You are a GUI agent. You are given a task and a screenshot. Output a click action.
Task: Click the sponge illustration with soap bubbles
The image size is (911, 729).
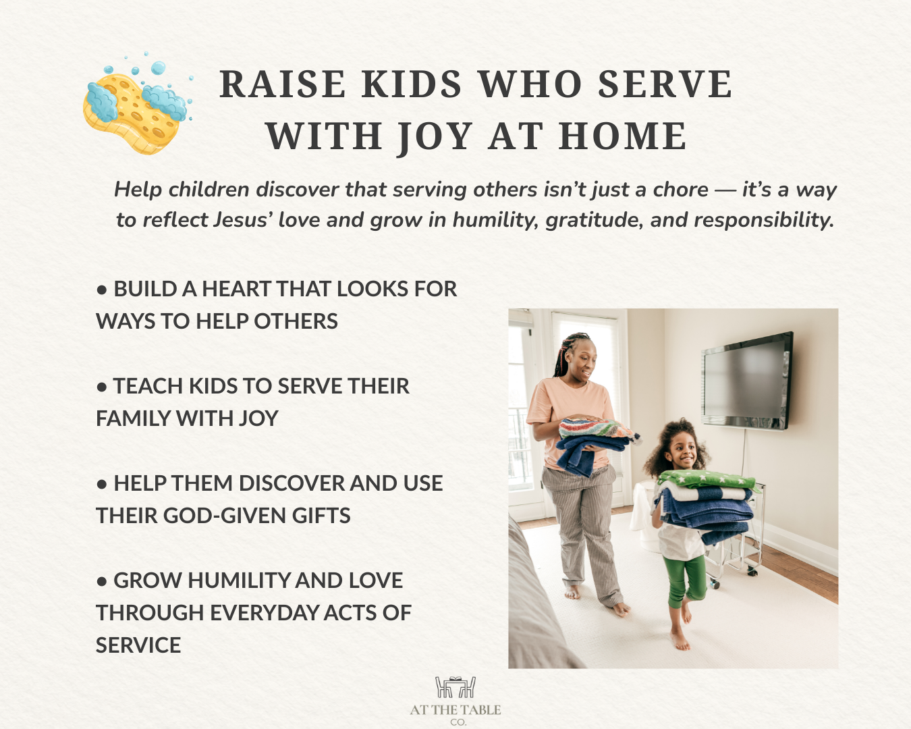click(135, 105)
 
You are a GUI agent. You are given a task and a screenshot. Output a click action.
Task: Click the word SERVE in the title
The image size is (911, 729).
click(665, 85)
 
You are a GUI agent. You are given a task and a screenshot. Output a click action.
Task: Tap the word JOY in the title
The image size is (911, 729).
click(435, 137)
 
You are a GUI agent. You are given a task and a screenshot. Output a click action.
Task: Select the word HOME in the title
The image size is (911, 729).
click(623, 137)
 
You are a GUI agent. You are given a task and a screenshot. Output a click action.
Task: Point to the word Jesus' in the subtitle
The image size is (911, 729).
click(242, 220)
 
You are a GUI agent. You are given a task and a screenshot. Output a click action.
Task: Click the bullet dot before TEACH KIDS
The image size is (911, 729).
click(102, 387)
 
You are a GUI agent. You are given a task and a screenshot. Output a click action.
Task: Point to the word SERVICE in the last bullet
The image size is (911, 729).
click(138, 645)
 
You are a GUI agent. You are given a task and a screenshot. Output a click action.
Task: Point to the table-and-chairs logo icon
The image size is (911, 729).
click(456, 687)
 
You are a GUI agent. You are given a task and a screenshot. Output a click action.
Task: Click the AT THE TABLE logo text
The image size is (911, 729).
click(456, 710)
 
